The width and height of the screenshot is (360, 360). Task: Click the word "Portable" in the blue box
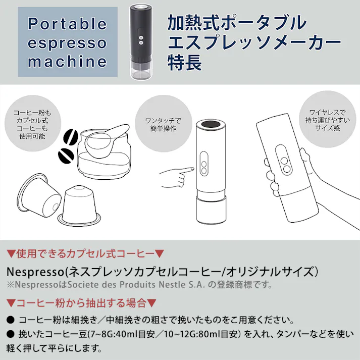click(67, 24)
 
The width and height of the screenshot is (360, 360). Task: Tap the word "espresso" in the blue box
click(67, 43)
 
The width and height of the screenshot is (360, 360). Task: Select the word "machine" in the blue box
click(67, 62)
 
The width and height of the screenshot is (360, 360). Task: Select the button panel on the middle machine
click(204, 165)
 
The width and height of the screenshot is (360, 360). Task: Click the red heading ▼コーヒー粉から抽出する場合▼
click(81, 303)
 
